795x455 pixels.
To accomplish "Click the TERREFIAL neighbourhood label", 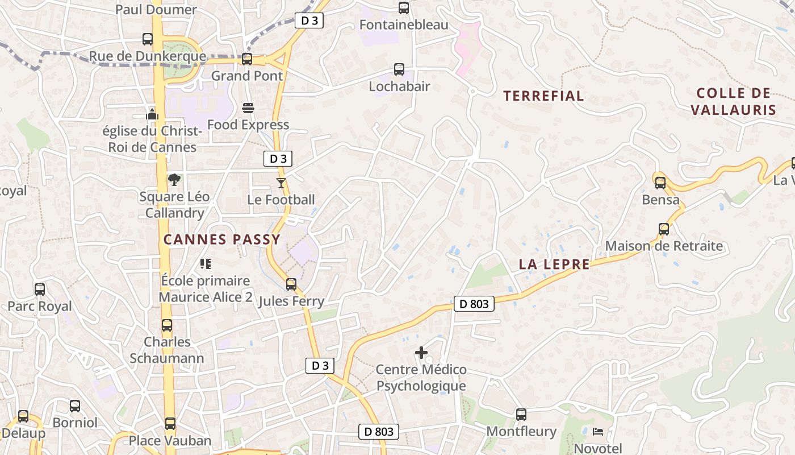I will pos(543,96).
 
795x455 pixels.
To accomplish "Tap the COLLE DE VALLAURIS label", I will pos(733,101).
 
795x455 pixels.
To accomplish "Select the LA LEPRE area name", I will pos(554,264).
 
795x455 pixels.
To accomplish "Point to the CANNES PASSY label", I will pos(222,239).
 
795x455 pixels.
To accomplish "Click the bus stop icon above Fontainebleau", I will pos(404,8).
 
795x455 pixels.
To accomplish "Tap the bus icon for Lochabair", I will pos(399,69).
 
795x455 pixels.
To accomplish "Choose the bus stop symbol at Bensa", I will pos(660,183).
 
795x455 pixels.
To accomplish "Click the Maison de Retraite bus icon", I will pos(664,229).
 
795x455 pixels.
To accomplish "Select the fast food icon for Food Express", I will pos(248,107).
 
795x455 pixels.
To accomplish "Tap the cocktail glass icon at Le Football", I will pos(281,183).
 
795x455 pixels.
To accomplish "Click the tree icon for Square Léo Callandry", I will pos(174,180).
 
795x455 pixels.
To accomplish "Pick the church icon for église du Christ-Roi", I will pos(152,114).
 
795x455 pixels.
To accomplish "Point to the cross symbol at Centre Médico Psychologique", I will pos(421,353).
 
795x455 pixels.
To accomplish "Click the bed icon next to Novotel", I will pos(598,432).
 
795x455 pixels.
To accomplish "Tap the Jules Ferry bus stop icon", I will pos(291,284).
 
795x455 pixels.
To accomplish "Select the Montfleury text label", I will pos(521,431).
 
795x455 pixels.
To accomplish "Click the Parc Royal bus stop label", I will pos(40,307).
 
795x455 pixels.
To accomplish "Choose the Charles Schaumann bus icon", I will pos(166,325).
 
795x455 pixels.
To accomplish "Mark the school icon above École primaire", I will pos(206,263).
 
